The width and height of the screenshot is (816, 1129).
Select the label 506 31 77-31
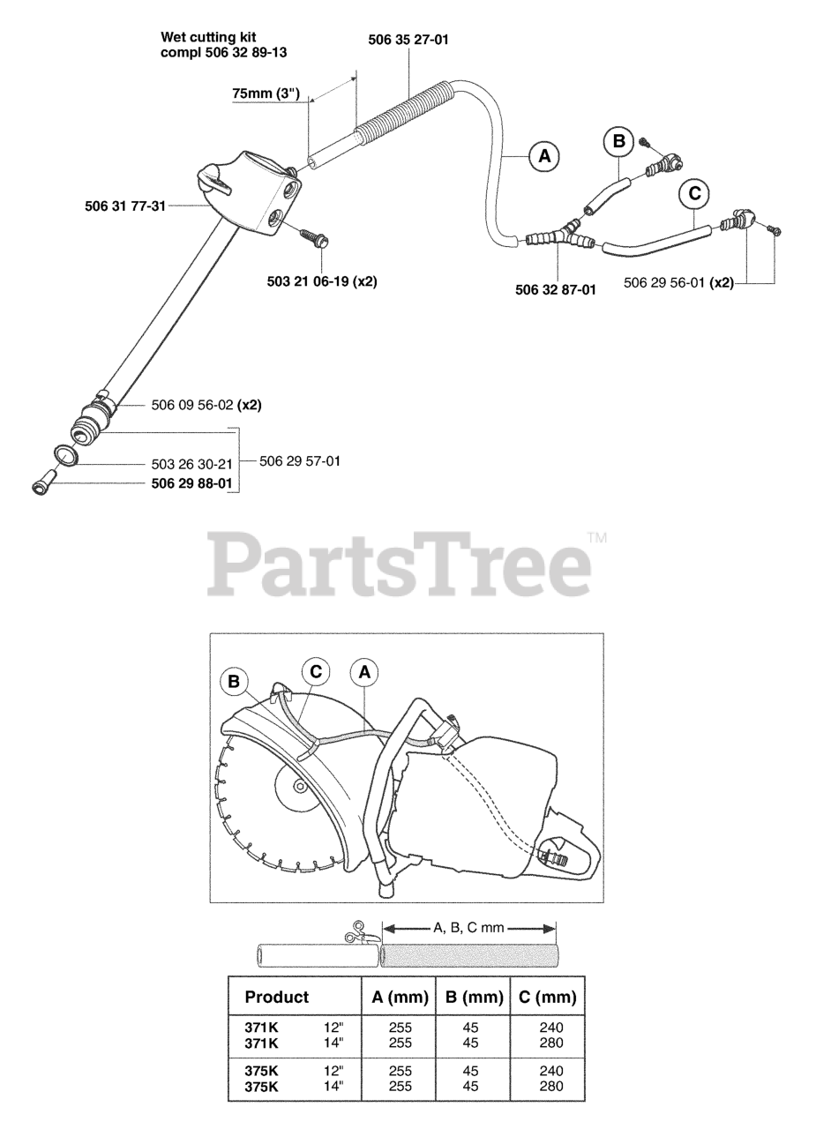tap(125, 207)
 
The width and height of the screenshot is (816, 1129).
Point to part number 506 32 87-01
tap(555, 288)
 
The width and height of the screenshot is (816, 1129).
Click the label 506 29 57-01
tap(299, 460)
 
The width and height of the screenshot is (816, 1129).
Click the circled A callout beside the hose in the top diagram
tap(543, 156)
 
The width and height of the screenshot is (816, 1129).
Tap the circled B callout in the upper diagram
tap(618, 140)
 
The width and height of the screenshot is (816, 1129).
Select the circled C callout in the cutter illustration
tap(315, 672)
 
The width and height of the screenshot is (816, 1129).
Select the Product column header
tap(277, 998)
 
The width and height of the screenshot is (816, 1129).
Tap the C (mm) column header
tap(547, 998)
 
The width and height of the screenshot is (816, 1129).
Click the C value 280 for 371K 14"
tap(550, 1043)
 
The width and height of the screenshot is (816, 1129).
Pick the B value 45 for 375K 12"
tap(470, 1071)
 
